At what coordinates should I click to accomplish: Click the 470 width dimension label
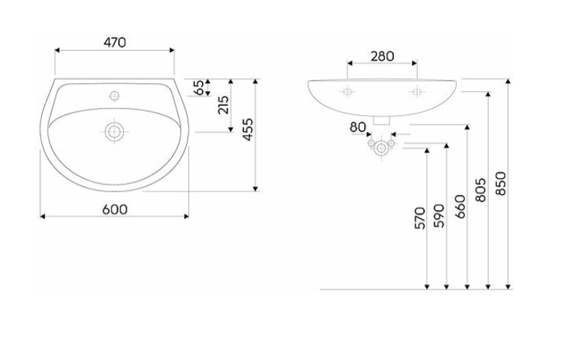click(x=115, y=43)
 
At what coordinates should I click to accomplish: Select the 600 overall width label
click(x=115, y=209)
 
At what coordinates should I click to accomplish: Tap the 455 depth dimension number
click(x=248, y=130)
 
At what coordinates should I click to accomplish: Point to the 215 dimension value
click(x=223, y=105)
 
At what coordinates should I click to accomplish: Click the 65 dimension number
click(x=198, y=88)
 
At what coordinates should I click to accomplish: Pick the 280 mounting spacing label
click(x=382, y=56)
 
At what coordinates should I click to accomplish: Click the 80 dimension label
click(x=358, y=127)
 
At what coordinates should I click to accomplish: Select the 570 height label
click(x=420, y=218)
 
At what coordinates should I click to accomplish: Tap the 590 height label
click(x=439, y=216)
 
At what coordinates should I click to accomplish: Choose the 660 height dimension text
click(x=460, y=206)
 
